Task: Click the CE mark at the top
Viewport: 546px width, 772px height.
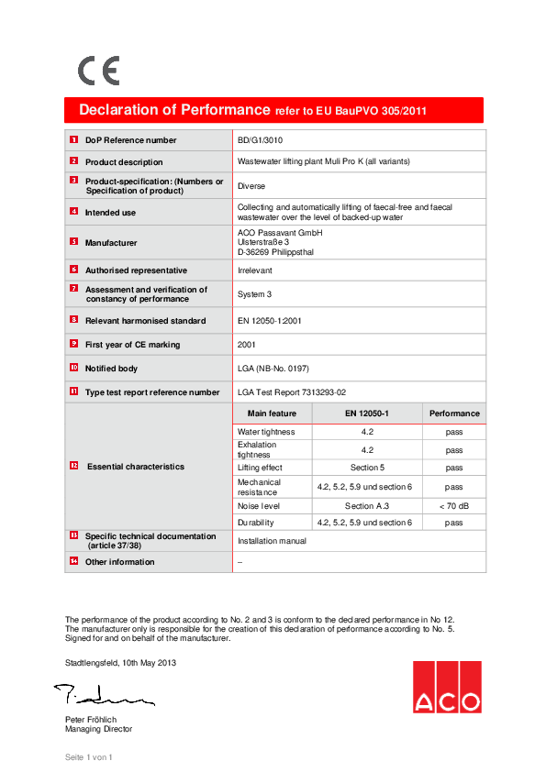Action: pyautogui.click(x=97, y=71)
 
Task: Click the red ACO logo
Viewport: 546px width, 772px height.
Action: pyautogui.click(x=446, y=687)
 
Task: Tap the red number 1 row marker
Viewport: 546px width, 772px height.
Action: pyautogui.click(x=73, y=139)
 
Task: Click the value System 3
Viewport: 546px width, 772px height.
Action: pyautogui.click(x=256, y=294)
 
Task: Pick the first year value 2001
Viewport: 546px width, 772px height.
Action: pyautogui.click(x=247, y=345)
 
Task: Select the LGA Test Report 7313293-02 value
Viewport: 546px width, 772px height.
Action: pyautogui.click(x=292, y=392)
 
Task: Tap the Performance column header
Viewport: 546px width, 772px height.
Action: pyautogui.click(x=453, y=414)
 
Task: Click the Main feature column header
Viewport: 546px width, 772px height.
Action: pyautogui.click(x=272, y=414)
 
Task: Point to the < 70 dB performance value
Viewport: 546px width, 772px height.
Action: pyautogui.click(x=453, y=506)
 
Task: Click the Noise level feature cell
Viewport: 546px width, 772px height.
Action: pyautogui.click(x=259, y=506)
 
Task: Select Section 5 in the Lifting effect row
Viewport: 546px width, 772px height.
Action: pyautogui.click(x=367, y=468)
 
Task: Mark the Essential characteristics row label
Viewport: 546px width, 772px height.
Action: pyautogui.click(x=135, y=467)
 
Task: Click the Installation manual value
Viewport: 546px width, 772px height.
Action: pyautogui.click(x=272, y=541)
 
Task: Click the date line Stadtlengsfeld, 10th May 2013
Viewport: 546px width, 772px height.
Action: pyautogui.click(x=120, y=662)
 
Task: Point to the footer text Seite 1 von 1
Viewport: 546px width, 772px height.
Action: pyautogui.click(x=88, y=757)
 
